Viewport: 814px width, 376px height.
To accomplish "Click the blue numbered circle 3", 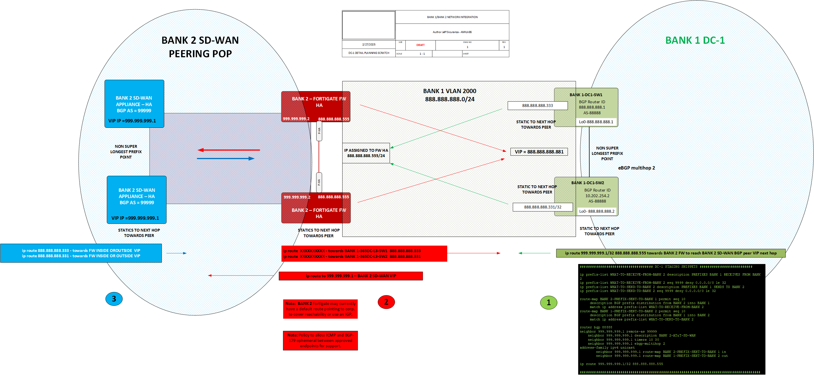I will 114,299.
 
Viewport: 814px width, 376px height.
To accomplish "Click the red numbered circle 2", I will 386,302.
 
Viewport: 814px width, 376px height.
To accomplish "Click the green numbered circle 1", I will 548,302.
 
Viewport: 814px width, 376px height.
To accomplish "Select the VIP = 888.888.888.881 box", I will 539,152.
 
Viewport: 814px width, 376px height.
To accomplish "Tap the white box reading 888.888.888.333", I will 537,105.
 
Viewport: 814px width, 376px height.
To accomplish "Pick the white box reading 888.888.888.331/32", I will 542,207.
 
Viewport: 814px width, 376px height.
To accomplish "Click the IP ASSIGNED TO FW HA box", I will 366,153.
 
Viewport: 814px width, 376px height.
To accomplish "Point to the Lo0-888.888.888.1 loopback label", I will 596,122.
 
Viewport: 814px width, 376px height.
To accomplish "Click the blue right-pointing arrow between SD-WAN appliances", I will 226,158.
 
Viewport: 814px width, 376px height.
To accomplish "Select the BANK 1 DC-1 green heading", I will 695,40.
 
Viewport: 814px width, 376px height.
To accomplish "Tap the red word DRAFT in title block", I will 420,45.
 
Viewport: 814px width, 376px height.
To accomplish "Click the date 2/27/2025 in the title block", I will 369,45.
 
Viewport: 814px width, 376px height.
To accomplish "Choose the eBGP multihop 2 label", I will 637,168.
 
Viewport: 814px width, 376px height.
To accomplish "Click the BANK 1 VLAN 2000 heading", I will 449,91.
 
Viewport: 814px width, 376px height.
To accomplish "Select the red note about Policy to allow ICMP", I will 320,340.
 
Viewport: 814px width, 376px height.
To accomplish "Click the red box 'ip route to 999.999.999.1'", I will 351,276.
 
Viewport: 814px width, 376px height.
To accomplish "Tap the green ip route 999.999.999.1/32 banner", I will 671,253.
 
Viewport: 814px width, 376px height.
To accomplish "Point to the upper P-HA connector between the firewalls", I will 319,131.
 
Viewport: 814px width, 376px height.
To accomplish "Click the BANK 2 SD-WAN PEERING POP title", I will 200,47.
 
